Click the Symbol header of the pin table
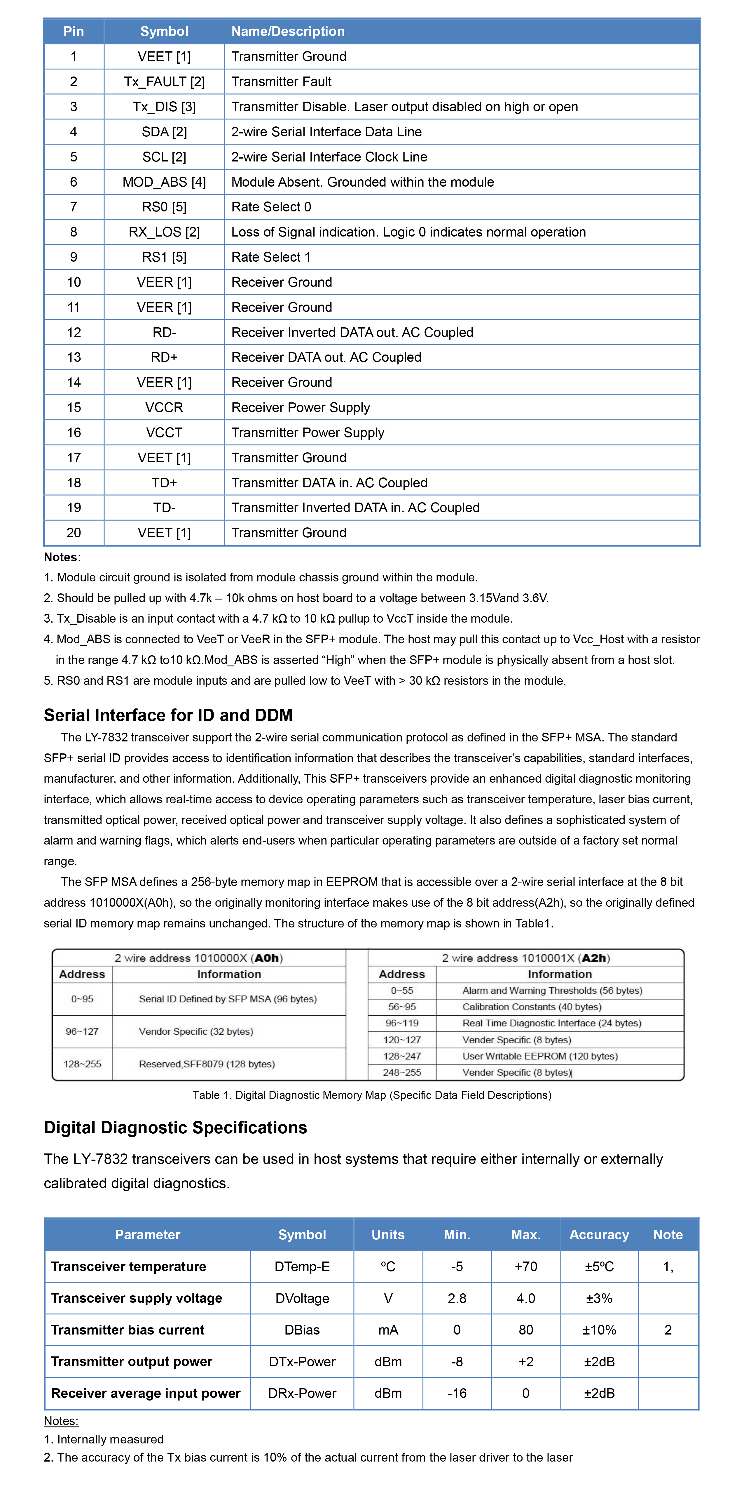(x=164, y=31)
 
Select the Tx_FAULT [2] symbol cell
(x=164, y=81)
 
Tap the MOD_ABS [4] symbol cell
(x=164, y=182)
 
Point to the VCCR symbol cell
(x=164, y=407)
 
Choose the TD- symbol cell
(x=164, y=508)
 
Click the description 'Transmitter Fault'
(x=281, y=81)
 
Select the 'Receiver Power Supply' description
(x=301, y=407)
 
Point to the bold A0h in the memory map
(x=267, y=958)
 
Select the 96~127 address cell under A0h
(x=82, y=1031)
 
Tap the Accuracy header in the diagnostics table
(x=599, y=1235)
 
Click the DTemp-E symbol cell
(x=302, y=1266)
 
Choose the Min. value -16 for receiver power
(x=457, y=1393)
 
